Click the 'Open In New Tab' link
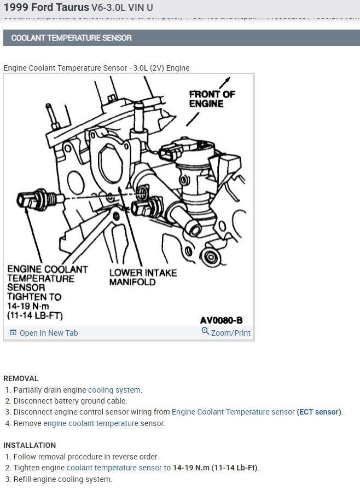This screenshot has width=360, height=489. (x=49, y=333)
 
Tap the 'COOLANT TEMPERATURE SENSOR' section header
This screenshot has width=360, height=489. (x=72, y=38)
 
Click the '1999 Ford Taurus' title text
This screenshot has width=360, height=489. (x=46, y=8)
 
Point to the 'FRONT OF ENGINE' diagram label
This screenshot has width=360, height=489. (x=212, y=99)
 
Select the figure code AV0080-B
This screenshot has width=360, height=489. (x=221, y=320)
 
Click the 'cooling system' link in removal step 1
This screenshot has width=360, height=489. (x=114, y=390)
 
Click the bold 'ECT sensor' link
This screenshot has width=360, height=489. (x=319, y=412)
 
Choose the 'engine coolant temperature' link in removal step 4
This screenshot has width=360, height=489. (x=91, y=423)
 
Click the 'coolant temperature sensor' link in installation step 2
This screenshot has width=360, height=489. (x=114, y=468)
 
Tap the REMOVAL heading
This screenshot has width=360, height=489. (x=21, y=378)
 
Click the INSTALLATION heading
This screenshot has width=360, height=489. (x=30, y=445)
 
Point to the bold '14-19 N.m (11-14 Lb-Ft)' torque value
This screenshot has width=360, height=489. (x=216, y=468)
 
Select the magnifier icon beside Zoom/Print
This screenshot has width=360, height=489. (x=205, y=331)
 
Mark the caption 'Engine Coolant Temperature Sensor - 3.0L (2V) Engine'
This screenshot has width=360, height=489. (x=96, y=68)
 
